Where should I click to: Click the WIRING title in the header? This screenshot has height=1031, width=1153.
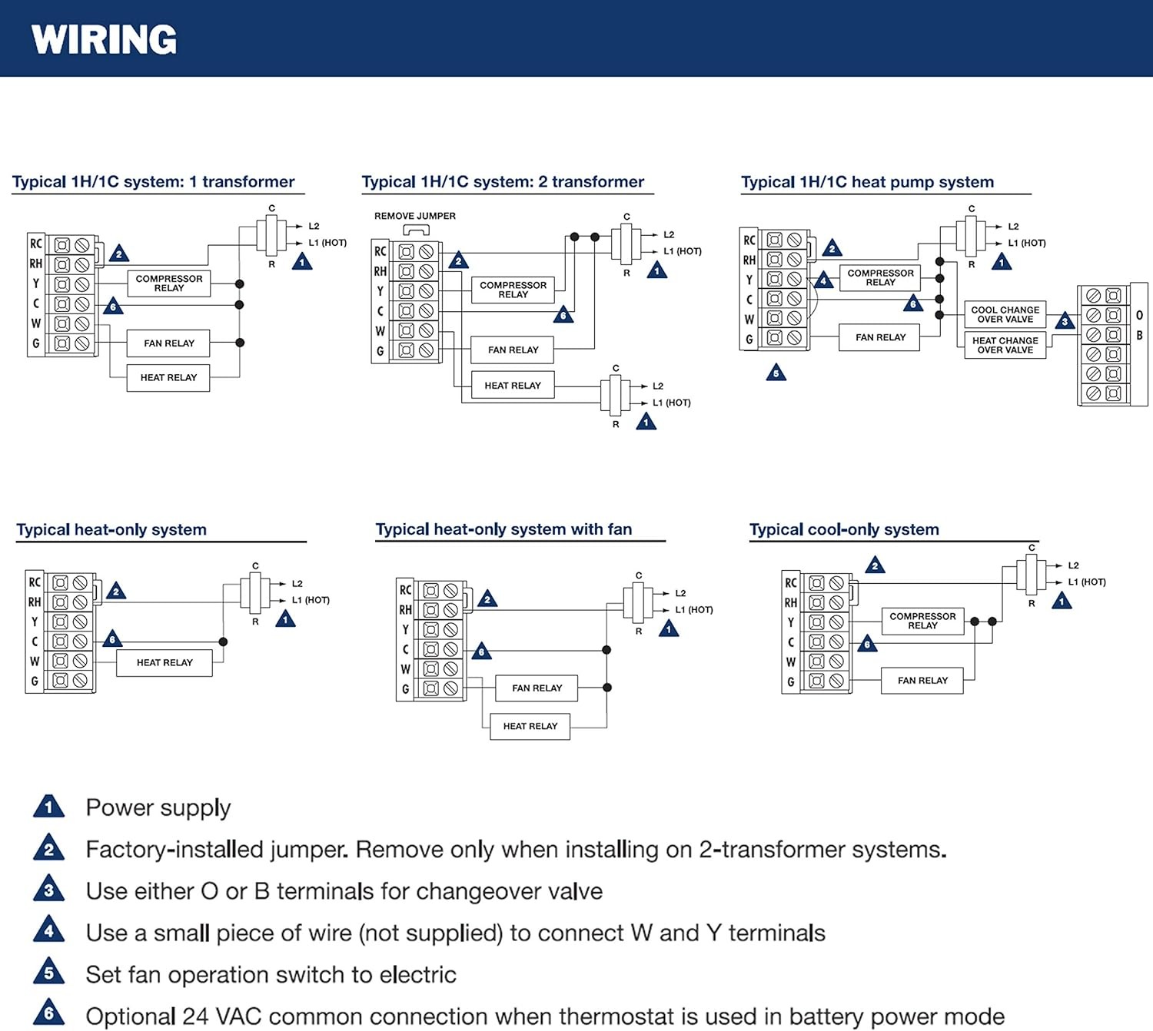104,39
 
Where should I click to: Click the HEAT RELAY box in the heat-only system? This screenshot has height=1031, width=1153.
164,663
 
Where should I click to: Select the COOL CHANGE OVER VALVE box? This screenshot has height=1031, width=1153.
1005,315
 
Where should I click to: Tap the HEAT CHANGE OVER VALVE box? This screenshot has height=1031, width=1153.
1005,346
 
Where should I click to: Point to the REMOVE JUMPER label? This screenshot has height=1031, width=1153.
415,216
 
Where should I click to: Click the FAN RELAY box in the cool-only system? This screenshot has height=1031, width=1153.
922,681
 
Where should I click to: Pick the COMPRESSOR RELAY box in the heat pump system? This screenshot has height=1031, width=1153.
880,277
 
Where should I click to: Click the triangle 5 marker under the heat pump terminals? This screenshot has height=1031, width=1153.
776,373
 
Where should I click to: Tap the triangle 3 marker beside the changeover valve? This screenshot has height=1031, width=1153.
1065,321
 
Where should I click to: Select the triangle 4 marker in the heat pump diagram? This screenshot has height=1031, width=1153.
823,280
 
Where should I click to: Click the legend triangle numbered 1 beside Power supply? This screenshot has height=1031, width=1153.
49,806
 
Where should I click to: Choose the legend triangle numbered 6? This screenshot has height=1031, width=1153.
49,1013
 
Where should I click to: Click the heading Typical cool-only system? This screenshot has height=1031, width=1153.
844,530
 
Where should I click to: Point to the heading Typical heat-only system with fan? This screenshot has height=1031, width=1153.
503,529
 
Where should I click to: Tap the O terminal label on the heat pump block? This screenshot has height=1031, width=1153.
1139,315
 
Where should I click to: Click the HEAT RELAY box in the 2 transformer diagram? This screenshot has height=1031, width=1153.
513,385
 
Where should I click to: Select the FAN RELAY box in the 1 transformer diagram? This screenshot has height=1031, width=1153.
168,343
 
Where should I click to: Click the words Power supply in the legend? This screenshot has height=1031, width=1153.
158,808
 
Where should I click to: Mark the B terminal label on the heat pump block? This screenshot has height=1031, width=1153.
1139,336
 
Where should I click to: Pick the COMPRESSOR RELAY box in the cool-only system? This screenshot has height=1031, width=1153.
922,621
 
